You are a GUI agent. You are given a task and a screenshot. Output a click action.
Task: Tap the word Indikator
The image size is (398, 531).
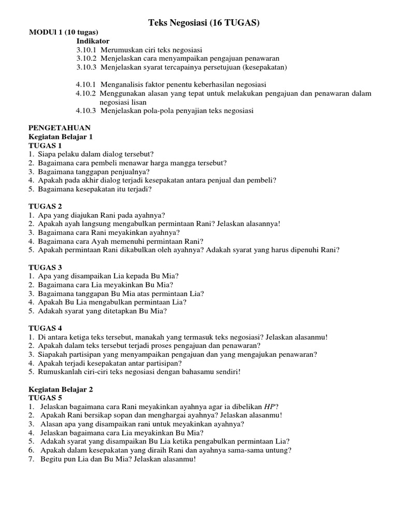point(93,41)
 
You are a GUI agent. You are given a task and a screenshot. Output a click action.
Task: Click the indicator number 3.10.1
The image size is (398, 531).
point(86,50)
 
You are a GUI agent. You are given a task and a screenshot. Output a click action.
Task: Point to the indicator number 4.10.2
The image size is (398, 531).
point(86,93)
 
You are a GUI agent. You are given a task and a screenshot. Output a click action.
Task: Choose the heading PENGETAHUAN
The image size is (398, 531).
point(59,128)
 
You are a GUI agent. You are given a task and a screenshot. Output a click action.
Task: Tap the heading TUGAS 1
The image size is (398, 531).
point(45,145)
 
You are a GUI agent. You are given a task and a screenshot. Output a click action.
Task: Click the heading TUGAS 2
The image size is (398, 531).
point(45,206)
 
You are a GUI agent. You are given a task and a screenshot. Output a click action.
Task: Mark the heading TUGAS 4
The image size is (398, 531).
point(45,328)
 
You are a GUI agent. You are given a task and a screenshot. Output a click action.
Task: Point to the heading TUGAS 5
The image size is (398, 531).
point(45,398)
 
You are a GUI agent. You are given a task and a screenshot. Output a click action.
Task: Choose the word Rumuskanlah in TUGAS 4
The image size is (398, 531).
point(60,372)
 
